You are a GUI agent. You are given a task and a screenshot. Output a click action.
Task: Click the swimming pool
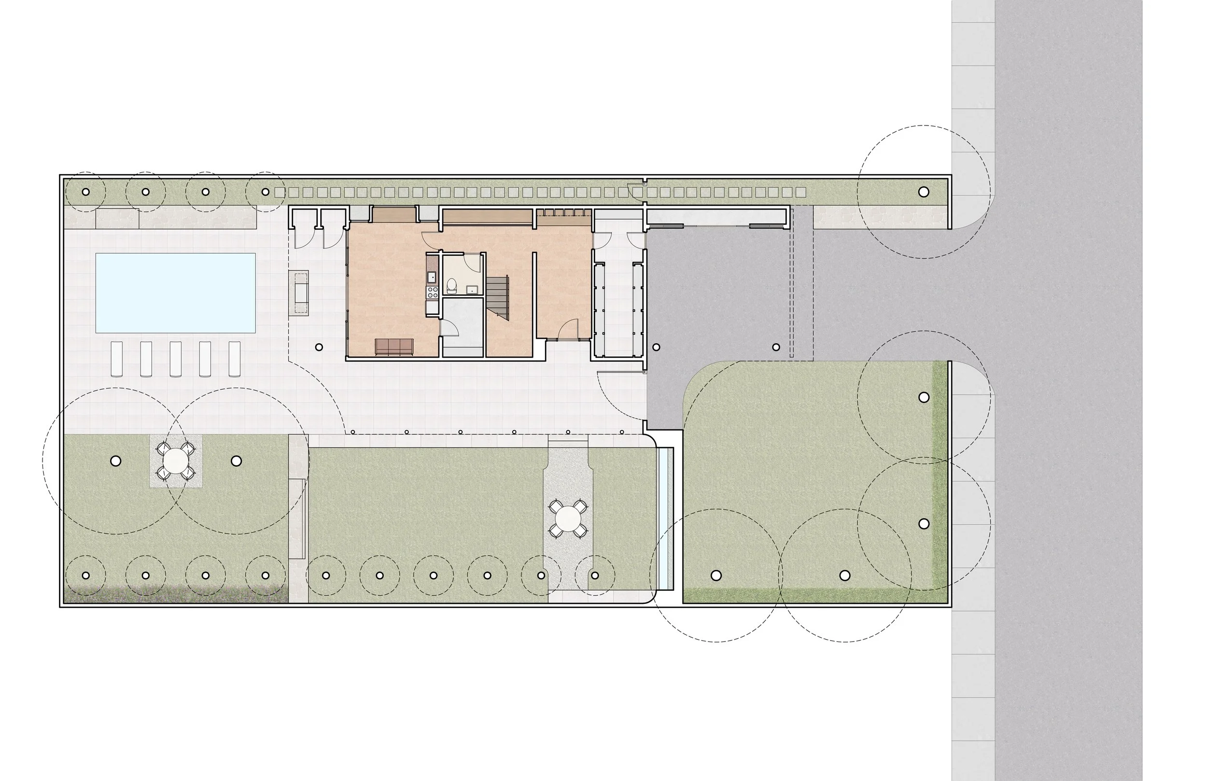point(175,293)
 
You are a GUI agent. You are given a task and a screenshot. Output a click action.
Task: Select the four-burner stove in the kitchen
point(433,292)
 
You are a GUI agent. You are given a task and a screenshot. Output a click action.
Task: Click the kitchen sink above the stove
point(432,277)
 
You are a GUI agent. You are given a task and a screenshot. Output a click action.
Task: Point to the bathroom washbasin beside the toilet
point(472,290)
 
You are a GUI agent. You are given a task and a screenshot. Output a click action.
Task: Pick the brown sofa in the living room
point(394,347)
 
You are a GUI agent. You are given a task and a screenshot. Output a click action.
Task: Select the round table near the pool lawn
point(175,460)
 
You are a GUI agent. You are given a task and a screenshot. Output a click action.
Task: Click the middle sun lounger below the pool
point(175,359)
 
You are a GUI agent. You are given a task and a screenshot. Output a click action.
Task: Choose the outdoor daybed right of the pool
point(299,293)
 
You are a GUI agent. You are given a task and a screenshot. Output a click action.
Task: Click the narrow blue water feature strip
point(665,518)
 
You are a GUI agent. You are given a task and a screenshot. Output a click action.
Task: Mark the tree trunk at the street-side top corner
point(924,192)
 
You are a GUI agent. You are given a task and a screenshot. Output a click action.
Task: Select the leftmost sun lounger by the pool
point(117,359)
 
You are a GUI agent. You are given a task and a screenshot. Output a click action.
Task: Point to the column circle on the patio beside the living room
point(319,348)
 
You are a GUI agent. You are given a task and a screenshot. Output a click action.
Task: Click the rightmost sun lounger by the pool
point(234,359)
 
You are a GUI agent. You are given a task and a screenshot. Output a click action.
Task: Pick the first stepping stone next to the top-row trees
point(280,192)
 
